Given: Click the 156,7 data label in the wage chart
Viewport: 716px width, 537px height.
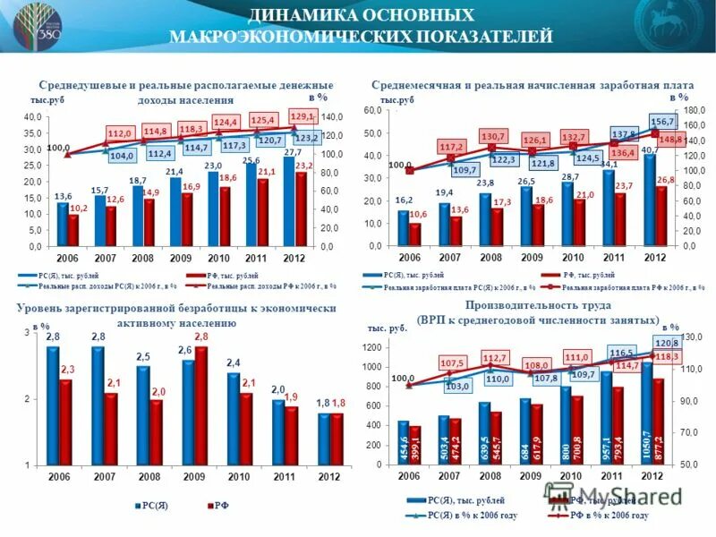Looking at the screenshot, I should click(x=662, y=121).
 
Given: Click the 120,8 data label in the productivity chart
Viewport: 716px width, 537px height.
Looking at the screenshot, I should click(x=668, y=344).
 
